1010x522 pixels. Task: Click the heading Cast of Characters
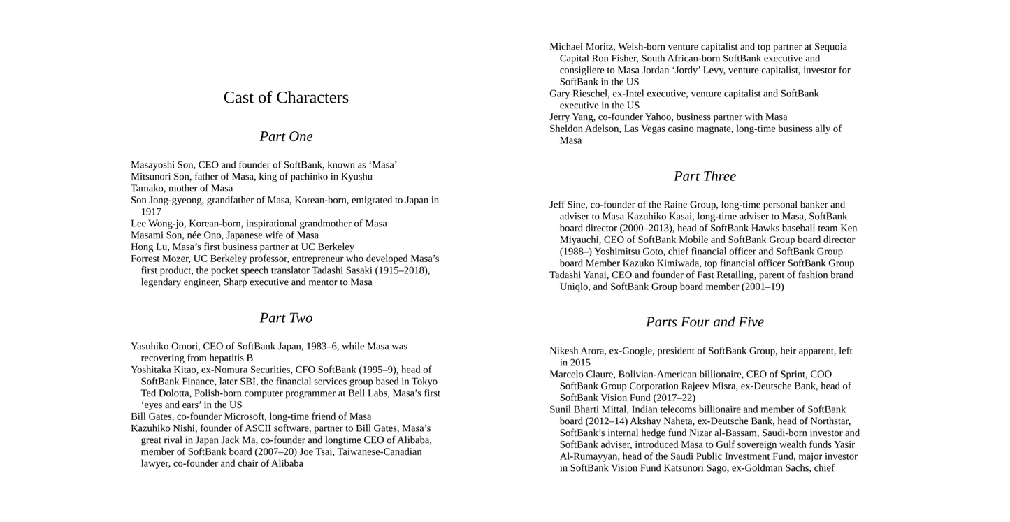[286, 98]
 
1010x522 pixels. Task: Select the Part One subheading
[286, 137]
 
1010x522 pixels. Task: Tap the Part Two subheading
[286, 319]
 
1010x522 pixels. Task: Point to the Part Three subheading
[705, 177]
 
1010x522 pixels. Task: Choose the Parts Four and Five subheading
[705, 322]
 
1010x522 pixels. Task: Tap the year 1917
[151, 212]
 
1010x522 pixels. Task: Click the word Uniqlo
[575, 287]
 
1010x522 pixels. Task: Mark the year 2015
[580, 363]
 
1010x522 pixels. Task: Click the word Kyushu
[356, 177]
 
